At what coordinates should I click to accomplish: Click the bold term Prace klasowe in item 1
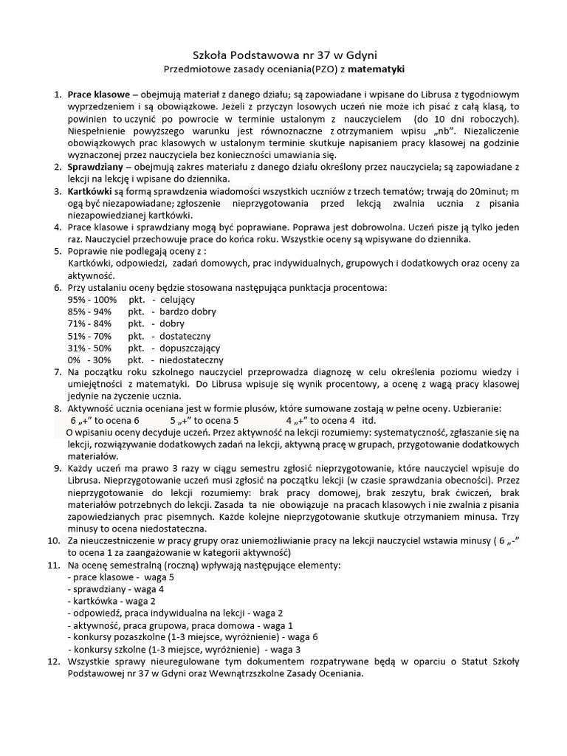(x=99, y=94)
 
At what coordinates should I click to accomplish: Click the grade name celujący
(x=177, y=300)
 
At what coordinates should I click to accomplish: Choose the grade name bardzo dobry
(x=188, y=312)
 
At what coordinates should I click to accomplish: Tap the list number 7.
(x=58, y=372)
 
